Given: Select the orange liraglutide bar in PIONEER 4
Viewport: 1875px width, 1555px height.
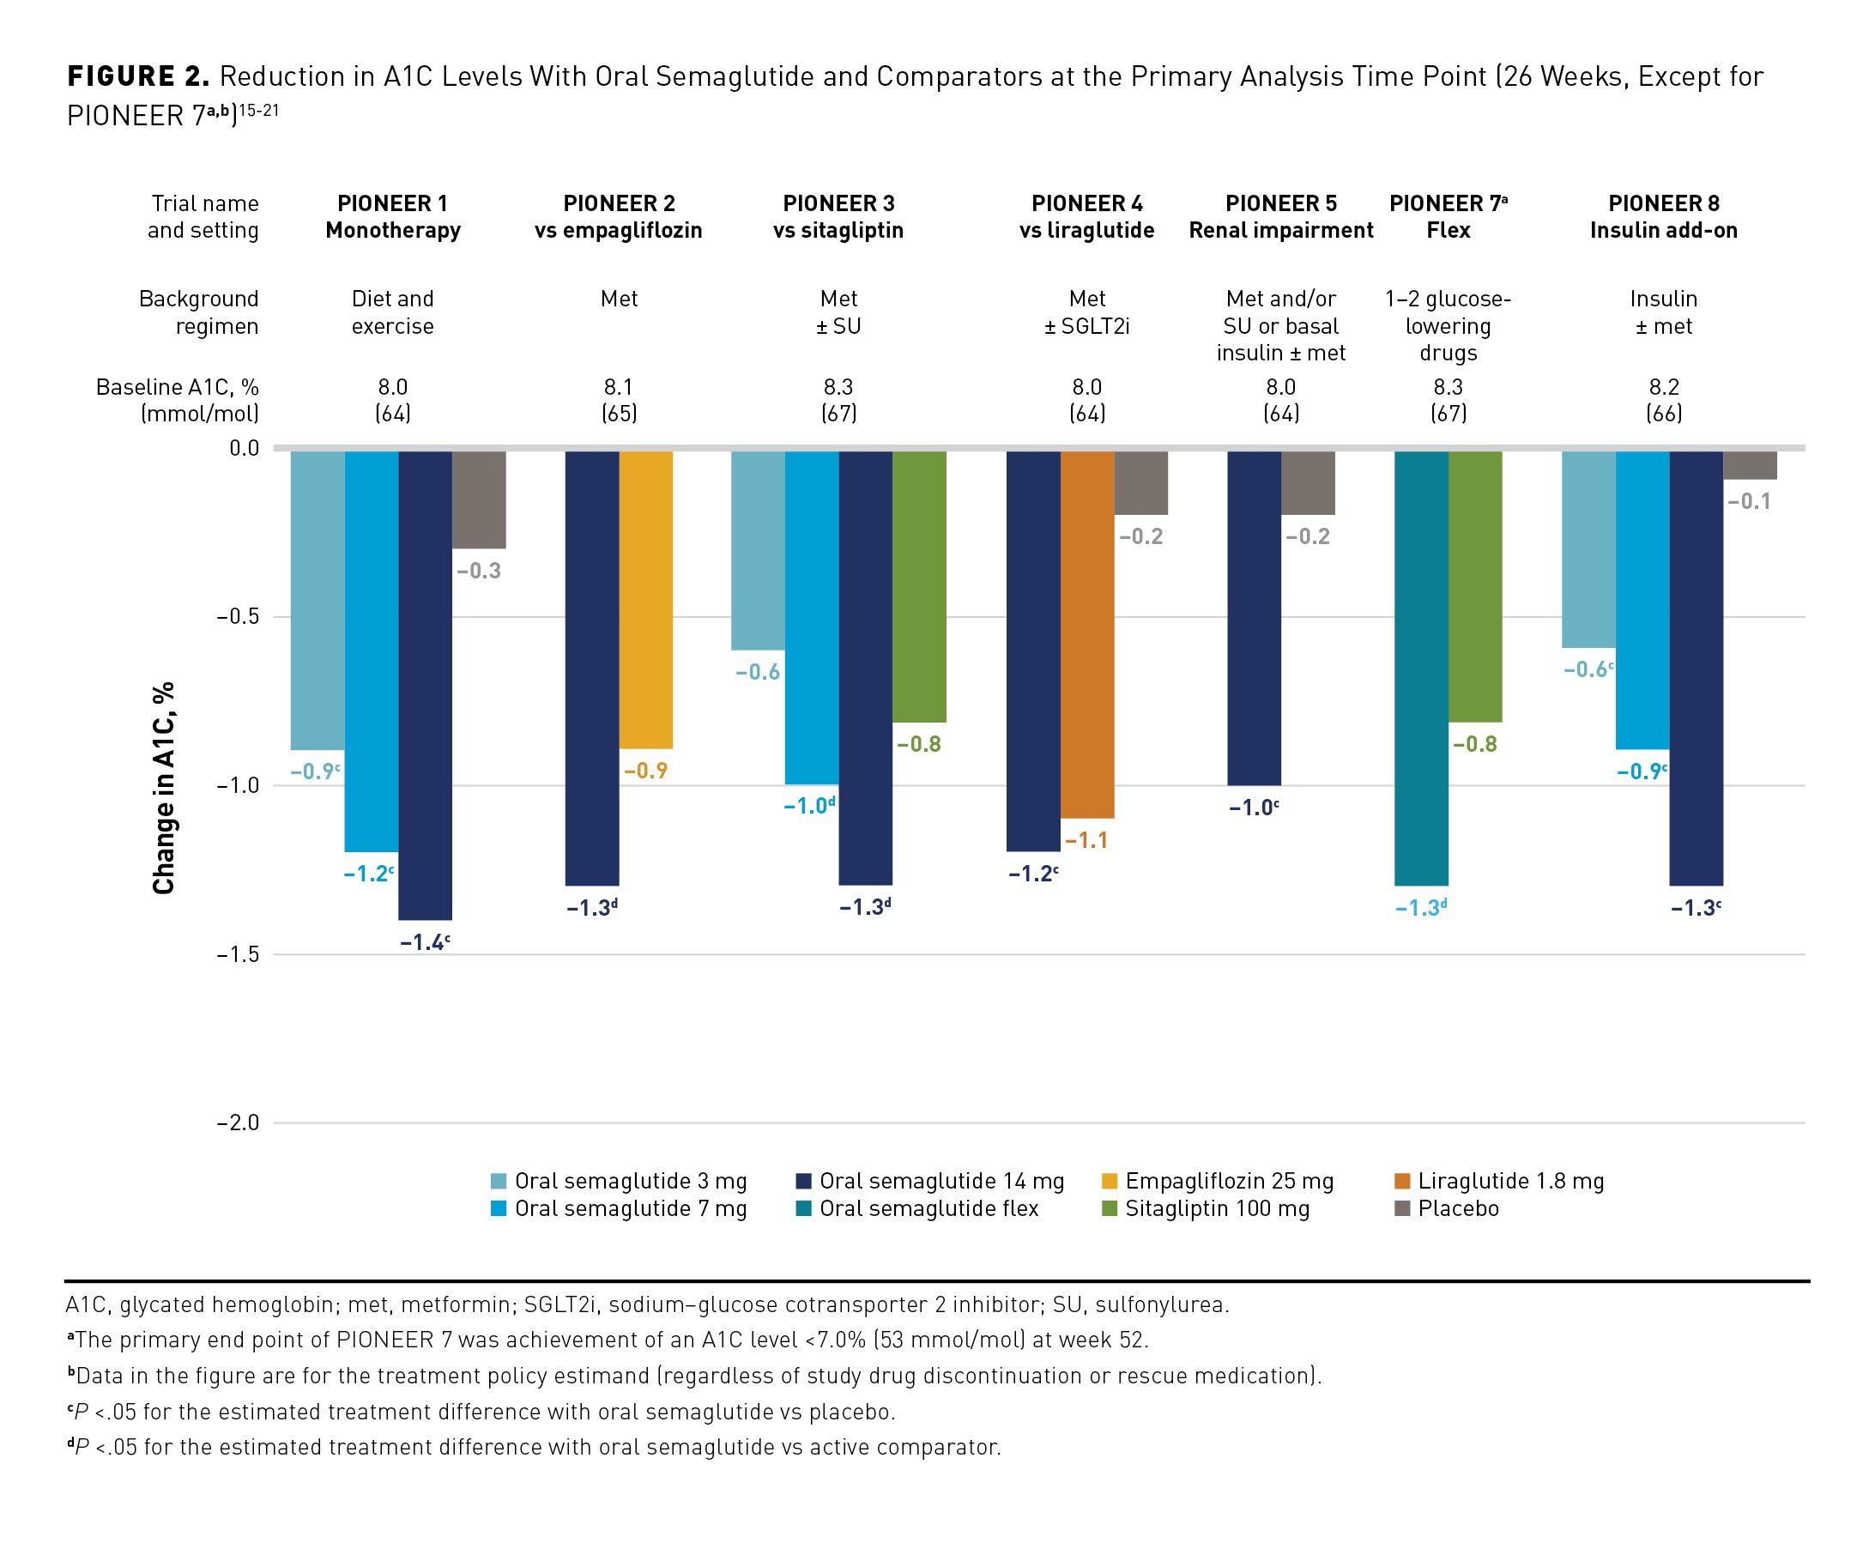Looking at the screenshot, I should click(x=1086, y=634).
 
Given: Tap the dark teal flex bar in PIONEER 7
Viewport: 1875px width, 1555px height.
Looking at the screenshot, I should click(x=1420, y=668).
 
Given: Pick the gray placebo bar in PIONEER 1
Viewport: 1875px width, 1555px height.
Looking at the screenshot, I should click(x=479, y=500).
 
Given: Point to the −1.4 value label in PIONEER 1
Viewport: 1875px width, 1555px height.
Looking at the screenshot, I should click(x=423, y=941).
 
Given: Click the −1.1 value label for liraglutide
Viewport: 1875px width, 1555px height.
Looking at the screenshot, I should click(x=1086, y=840).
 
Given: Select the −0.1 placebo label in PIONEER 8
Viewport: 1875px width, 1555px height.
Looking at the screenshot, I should click(x=1749, y=502).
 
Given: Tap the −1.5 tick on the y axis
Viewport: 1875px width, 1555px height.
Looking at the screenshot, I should click(x=237, y=954).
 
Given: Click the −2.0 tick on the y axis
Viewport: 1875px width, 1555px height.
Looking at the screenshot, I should click(x=237, y=1122).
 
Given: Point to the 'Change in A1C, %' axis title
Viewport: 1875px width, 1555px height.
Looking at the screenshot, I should click(x=163, y=787).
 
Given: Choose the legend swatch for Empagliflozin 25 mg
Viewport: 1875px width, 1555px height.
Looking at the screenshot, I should click(x=1110, y=1182).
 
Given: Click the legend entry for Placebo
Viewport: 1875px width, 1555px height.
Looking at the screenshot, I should click(x=1458, y=1208).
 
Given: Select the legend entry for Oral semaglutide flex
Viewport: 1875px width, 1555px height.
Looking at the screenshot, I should click(x=928, y=1208).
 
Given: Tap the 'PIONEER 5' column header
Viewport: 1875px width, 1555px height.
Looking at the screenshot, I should click(x=1280, y=203).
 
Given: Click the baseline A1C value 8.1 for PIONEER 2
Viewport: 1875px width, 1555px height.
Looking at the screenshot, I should click(x=618, y=386).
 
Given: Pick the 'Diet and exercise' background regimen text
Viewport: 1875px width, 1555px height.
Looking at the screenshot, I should click(x=392, y=312).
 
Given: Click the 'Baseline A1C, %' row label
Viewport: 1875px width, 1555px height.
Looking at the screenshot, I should click(x=177, y=386).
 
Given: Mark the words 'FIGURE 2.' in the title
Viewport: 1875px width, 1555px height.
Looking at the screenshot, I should click(x=138, y=76).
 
